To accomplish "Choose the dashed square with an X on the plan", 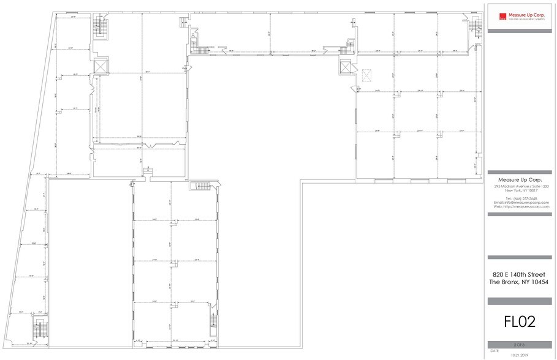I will pyautogui.click(x=367, y=75).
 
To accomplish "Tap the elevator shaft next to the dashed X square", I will pyautogui.click(x=345, y=66).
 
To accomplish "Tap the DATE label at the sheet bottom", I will pyautogui.click(x=496, y=351).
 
